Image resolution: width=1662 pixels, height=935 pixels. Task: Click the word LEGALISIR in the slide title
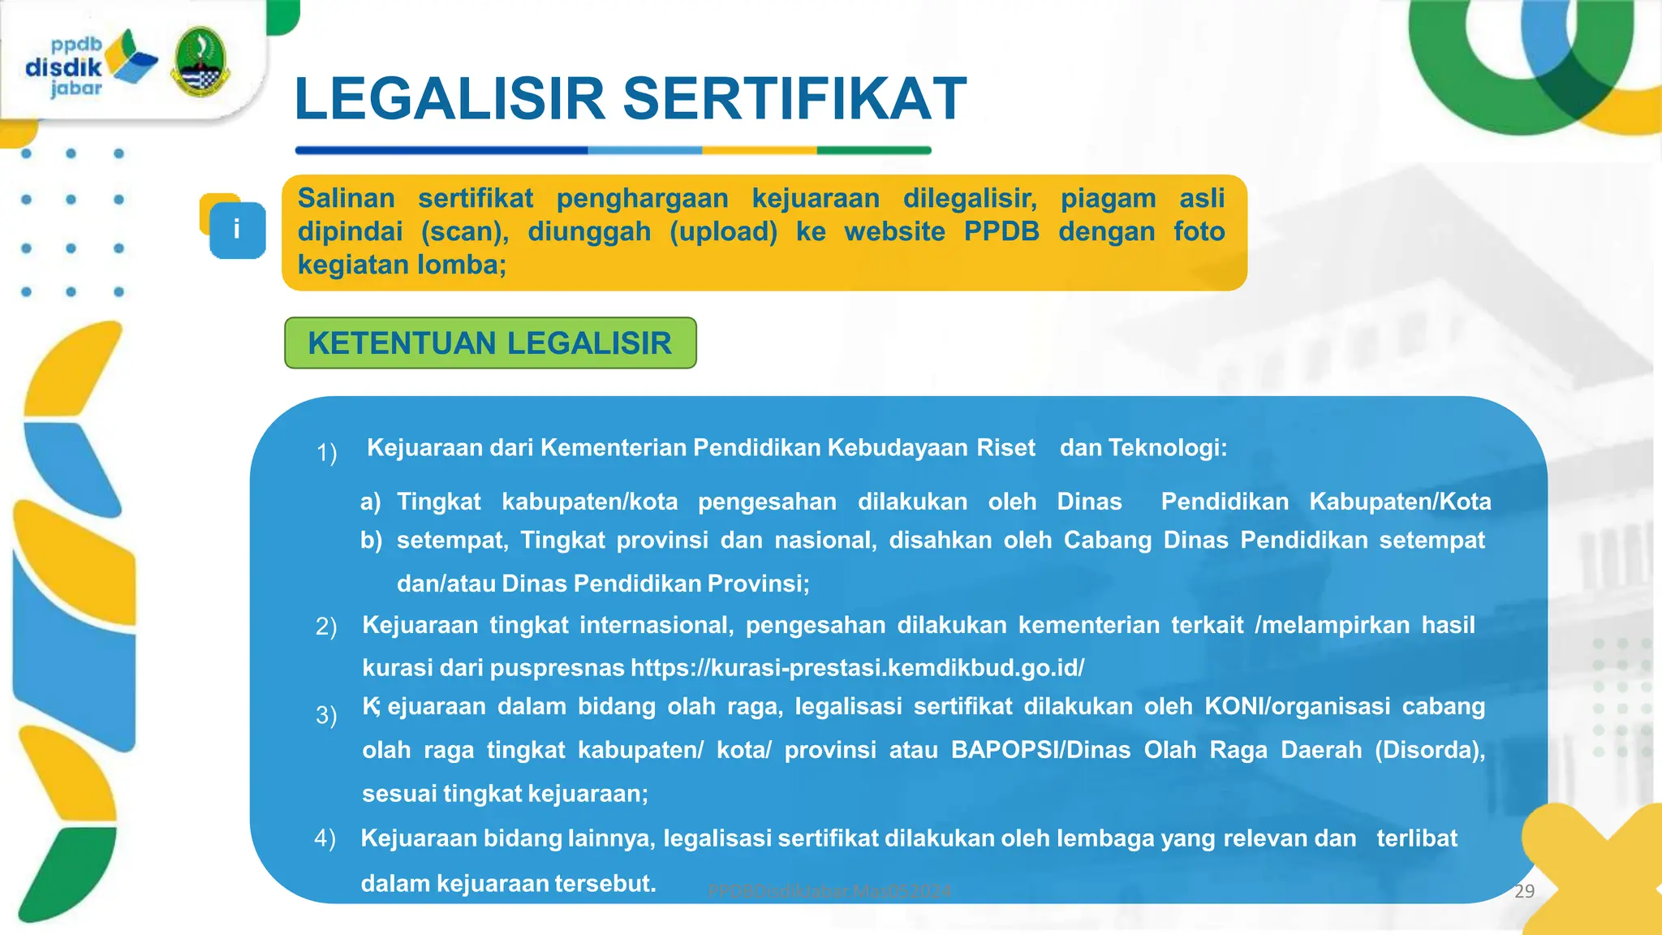coord(450,99)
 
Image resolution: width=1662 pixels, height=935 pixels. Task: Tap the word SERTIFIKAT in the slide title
coord(794,99)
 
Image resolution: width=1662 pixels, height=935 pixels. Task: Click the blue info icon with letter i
coord(236,230)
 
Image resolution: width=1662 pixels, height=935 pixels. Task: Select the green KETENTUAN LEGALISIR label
coord(490,343)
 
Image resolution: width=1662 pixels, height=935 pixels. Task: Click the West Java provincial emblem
coord(200,62)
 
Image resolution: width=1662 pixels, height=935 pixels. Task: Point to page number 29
coord(1524,891)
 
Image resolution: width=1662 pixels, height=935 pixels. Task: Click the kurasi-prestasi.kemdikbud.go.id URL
coord(857,668)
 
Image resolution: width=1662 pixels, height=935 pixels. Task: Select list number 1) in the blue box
coord(326,452)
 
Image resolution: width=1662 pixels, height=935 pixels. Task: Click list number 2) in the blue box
coord(326,627)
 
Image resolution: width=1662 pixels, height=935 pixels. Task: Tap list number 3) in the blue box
coord(326,715)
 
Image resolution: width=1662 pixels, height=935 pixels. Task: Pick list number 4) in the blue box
coord(325,838)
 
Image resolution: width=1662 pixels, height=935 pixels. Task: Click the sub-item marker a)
coord(371,502)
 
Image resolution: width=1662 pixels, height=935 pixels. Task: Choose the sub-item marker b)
coord(371,541)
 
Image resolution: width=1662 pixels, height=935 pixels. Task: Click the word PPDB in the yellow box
coord(1001,231)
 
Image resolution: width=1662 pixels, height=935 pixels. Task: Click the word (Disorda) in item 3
coord(1429,750)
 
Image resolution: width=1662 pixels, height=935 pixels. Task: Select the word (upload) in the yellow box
coord(723,231)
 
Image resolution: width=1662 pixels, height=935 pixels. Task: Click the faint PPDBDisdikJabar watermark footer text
coord(829,891)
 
